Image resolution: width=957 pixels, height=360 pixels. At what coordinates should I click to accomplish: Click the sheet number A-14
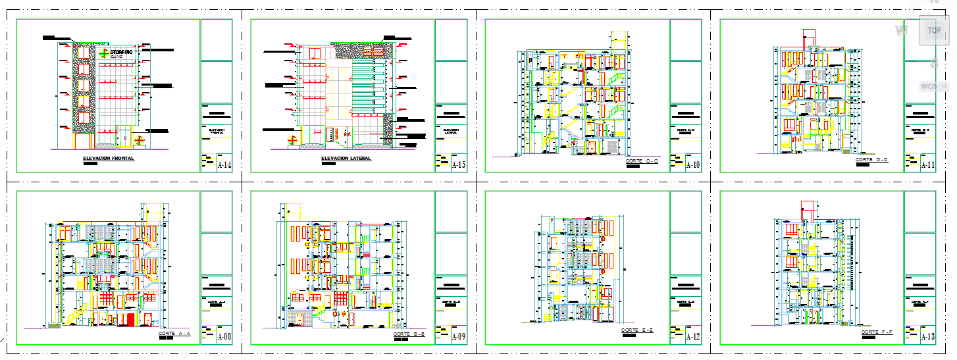pyautogui.click(x=224, y=165)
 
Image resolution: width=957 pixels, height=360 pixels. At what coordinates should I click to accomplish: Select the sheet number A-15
pyautogui.click(x=459, y=165)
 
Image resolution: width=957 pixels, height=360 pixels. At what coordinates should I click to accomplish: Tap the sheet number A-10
pyautogui.click(x=693, y=165)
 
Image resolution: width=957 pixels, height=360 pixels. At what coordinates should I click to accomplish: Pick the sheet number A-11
pyautogui.click(x=928, y=165)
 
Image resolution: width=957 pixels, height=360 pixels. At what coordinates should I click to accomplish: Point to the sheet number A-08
pyautogui.click(x=224, y=337)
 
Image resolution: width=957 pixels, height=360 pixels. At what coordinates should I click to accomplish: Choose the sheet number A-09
pyautogui.click(x=459, y=337)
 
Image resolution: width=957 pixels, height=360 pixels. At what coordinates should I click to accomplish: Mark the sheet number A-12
pyautogui.click(x=693, y=337)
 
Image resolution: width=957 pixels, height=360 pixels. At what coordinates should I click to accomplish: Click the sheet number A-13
pyautogui.click(x=928, y=337)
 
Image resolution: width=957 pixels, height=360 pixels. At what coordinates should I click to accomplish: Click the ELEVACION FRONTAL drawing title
pyautogui.click(x=109, y=159)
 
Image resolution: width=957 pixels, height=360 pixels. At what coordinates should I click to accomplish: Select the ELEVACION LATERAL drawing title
pyautogui.click(x=346, y=159)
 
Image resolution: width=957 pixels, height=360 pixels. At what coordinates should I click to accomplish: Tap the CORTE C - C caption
pyautogui.click(x=642, y=161)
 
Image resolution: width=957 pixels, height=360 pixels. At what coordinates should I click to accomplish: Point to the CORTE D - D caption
pyautogui.click(x=871, y=160)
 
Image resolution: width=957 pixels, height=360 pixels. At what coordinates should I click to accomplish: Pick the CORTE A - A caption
pyautogui.click(x=174, y=334)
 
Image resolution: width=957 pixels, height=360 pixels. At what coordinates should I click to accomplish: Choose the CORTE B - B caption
pyautogui.click(x=409, y=334)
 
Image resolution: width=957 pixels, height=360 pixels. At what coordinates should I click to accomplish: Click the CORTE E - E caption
pyautogui.click(x=637, y=330)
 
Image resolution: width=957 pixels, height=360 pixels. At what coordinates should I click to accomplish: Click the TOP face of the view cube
pyautogui.click(x=933, y=30)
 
